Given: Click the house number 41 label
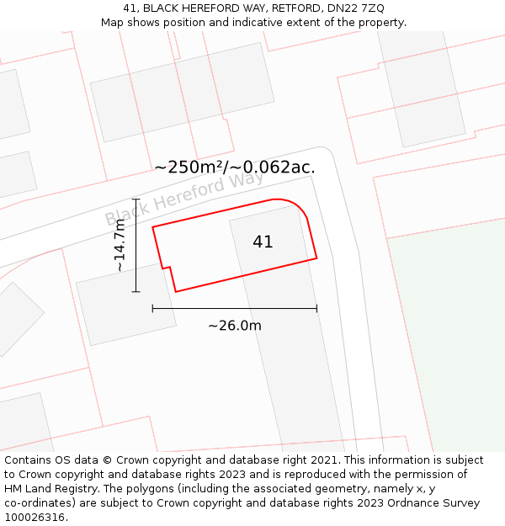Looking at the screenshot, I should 263,242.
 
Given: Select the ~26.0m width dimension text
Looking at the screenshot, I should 235,326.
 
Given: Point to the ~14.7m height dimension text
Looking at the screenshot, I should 120,245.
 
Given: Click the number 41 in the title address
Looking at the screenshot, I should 130,8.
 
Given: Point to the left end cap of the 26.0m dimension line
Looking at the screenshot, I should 152,309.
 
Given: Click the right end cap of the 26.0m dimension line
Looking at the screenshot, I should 316,309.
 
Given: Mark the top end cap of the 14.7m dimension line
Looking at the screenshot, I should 136,199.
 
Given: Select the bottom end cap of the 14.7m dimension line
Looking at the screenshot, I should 136,292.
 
